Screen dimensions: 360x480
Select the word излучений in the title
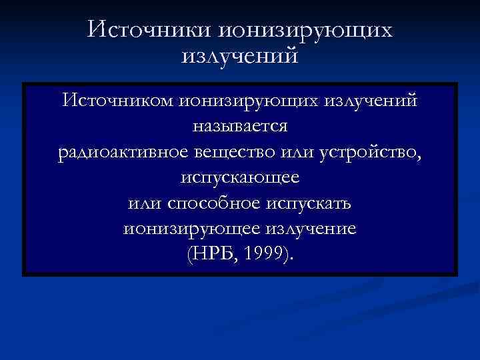239,56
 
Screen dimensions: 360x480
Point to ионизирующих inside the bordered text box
249,101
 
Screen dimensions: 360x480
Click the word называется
240,126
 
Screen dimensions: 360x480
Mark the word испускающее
240,178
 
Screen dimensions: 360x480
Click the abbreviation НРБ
213,255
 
